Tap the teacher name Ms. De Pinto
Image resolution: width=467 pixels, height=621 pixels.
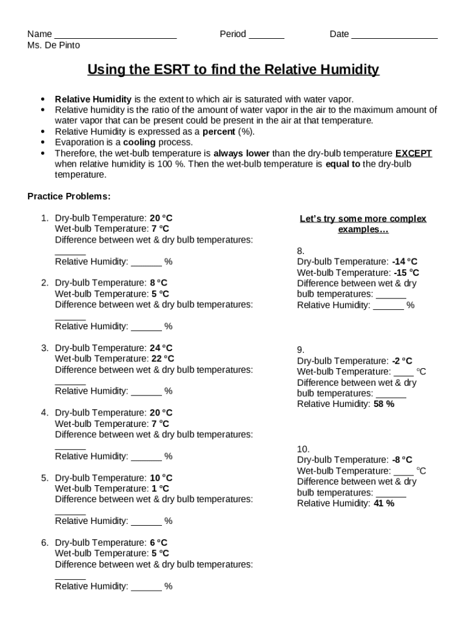(x=53, y=45)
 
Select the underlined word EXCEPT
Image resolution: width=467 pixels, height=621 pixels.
(x=414, y=153)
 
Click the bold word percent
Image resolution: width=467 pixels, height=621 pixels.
(x=219, y=132)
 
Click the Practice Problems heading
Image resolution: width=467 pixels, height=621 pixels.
(x=69, y=196)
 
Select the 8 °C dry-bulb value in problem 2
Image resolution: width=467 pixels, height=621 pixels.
(x=158, y=283)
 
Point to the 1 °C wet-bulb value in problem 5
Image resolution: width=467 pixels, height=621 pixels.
(x=160, y=489)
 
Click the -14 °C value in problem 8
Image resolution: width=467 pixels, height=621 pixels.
(x=405, y=262)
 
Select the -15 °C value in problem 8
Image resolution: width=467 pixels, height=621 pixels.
(x=405, y=273)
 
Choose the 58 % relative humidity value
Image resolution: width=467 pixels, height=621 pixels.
(x=384, y=404)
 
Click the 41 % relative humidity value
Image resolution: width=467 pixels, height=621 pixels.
(x=384, y=503)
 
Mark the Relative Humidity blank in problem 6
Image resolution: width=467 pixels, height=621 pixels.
(x=146, y=587)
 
